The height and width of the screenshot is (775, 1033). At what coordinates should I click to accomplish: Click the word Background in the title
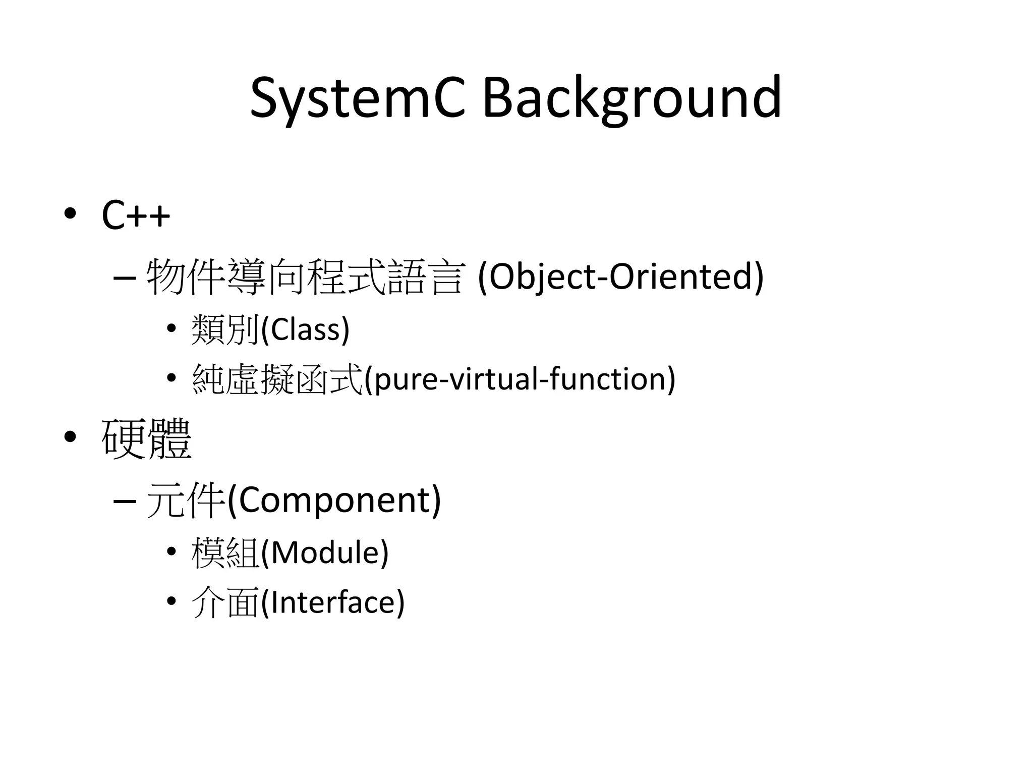pyautogui.click(x=632, y=98)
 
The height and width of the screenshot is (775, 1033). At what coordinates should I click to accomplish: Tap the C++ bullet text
pyautogui.click(x=136, y=215)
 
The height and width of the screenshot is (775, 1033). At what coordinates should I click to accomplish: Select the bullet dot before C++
pyautogui.click(x=70, y=213)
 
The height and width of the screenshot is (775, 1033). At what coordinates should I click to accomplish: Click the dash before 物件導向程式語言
pyautogui.click(x=125, y=278)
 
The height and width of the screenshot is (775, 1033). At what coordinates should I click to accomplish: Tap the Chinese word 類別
pyautogui.click(x=225, y=330)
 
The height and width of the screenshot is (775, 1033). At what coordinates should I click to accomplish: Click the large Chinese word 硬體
pyautogui.click(x=146, y=438)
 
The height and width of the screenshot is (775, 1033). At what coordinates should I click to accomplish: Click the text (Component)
pyautogui.click(x=334, y=500)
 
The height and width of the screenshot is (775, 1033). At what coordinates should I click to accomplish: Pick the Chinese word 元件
pyautogui.click(x=185, y=500)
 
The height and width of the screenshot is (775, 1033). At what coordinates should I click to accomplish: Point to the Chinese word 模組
pyautogui.click(x=225, y=552)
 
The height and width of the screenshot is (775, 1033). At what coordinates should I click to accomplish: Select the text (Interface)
pyautogui.click(x=333, y=602)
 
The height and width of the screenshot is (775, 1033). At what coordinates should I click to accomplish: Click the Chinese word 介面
pyautogui.click(x=225, y=602)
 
